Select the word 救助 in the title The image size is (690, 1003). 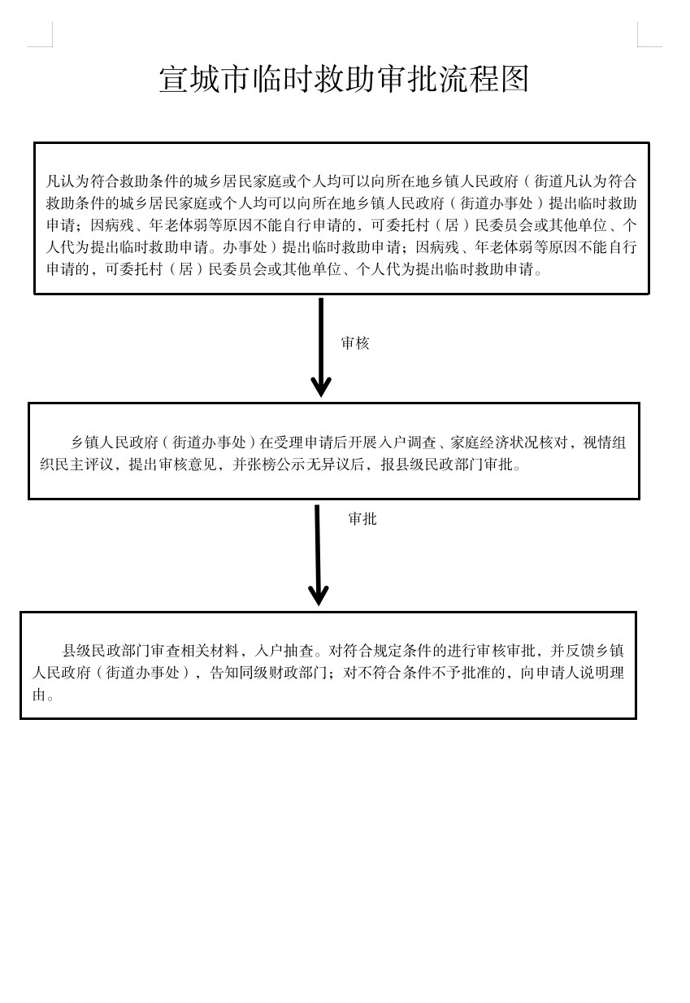[x=345, y=80]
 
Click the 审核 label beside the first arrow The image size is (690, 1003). [x=355, y=343]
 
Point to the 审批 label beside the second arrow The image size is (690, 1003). [x=362, y=519]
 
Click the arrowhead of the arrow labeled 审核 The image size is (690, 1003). [x=321, y=386]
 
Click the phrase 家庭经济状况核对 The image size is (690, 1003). [x=508, y=443]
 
